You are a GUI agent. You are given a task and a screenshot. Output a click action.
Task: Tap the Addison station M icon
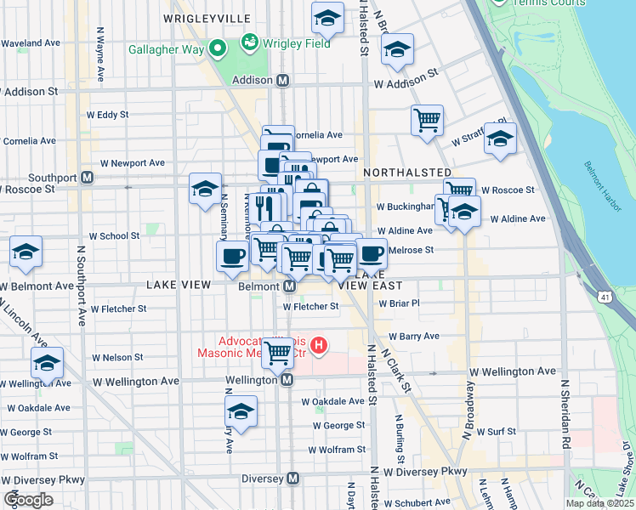[x=284, y=80]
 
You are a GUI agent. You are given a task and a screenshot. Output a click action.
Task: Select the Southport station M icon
[x=86, y=178]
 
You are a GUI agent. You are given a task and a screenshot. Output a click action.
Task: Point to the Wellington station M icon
[x=287, y=380]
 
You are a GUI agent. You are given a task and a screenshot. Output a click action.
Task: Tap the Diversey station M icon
[x=292, y=479]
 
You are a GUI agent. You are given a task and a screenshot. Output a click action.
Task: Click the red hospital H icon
[x=319, y=344]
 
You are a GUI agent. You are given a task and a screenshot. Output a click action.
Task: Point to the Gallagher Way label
[x=166, y=49]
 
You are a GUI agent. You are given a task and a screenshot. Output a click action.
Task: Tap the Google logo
[x=29, y=500]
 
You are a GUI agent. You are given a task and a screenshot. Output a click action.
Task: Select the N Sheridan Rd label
[x=564, y=414]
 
